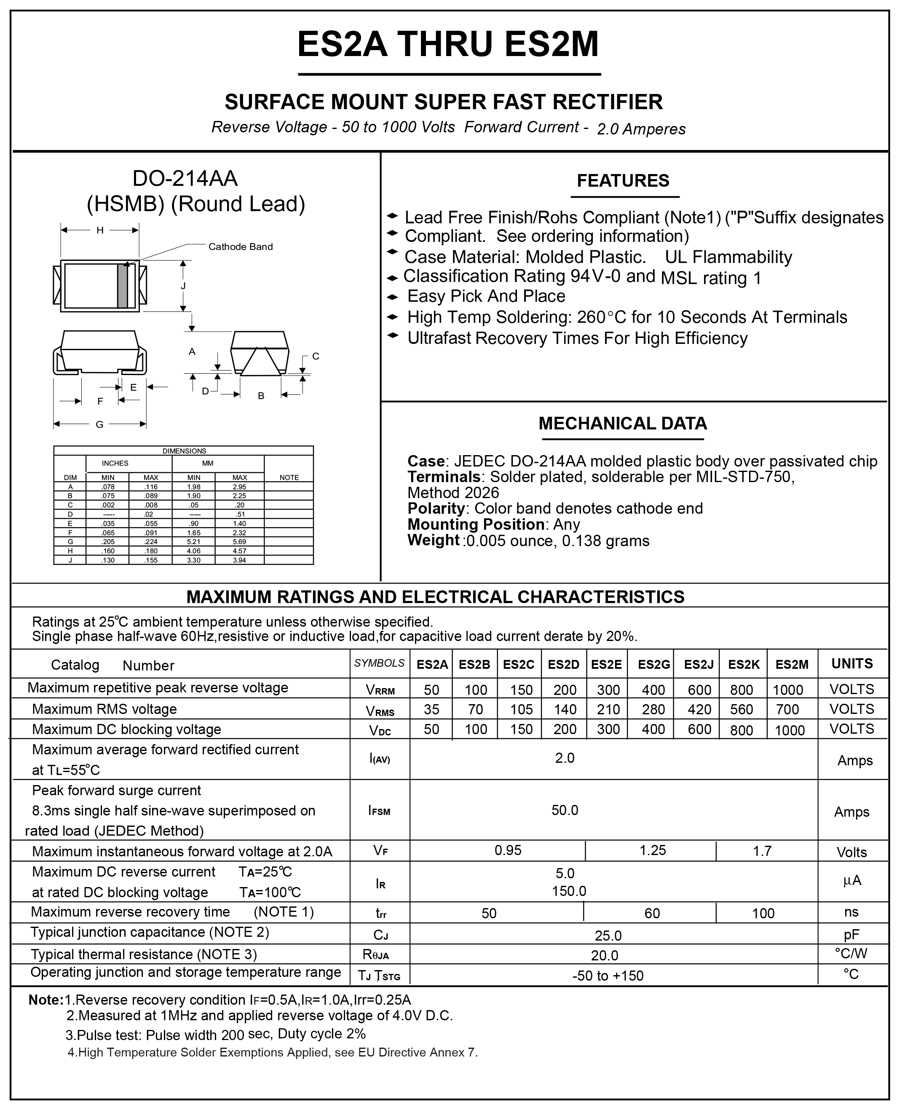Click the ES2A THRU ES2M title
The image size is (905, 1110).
[448, 44]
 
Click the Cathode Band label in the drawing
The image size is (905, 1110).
[240, 247]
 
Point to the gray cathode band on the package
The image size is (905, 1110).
[123, 286]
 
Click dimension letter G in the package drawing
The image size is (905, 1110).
[99, 424]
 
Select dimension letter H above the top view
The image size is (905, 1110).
[99, 230]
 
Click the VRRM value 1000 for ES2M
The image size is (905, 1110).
[788, 690]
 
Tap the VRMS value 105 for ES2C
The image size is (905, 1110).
[521, 710]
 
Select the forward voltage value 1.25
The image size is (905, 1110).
[653, 850]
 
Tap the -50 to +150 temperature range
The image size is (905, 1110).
[608, 976]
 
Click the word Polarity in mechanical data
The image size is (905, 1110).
[436, 508]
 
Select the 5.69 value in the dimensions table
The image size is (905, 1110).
[239, 542]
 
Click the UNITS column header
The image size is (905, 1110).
[852, 664]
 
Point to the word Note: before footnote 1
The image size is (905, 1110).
[46, 1000]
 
